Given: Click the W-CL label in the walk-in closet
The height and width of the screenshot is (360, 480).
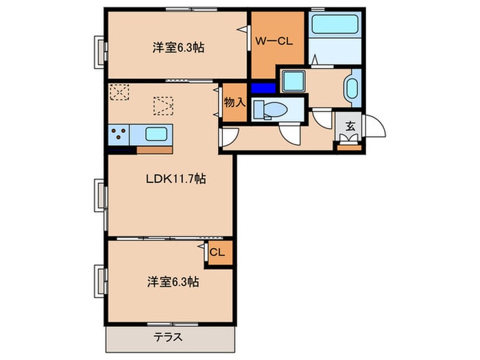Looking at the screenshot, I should click(x=274, y=41).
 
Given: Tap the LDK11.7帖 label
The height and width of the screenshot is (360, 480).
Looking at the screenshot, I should click(x=176, y=179).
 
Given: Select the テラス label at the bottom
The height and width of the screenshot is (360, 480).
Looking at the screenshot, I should click(x=167, y=338).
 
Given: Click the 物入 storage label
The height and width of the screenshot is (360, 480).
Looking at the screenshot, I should click(x=234, y=102).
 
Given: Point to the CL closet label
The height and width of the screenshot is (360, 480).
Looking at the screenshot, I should click(x=217, y=252).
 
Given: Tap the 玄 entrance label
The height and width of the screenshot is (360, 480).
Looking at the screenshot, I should click(x=350, y=126).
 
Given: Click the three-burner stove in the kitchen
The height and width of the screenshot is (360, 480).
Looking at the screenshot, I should click(x=118, y=134).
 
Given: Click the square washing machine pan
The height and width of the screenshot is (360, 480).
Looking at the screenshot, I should click(x=293, y=82).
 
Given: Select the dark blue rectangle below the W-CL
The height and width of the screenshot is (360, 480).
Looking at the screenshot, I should click(x=261, y=88).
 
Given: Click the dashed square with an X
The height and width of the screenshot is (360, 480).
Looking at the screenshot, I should click(x=119, y=91).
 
